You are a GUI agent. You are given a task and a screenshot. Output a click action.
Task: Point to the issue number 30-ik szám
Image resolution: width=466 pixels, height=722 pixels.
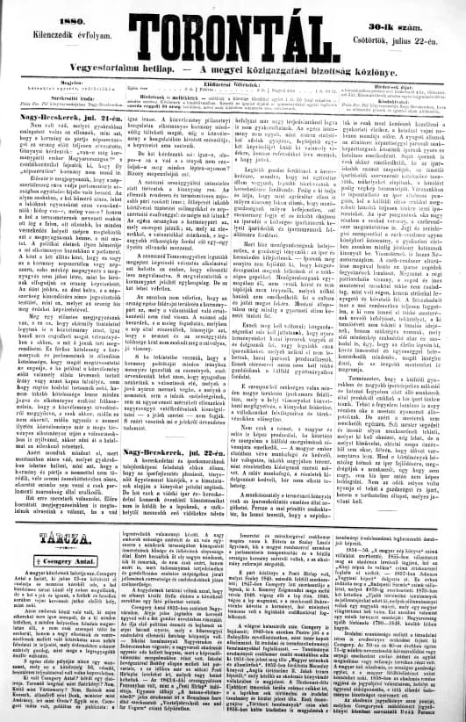pos(414,12)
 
